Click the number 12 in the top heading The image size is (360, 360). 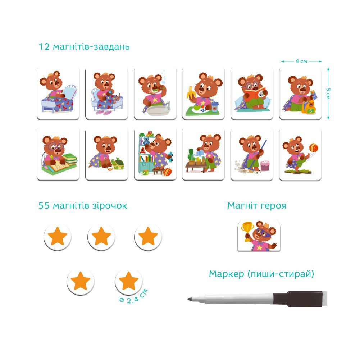tap(44, 47)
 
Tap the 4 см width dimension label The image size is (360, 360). tap(301, 61)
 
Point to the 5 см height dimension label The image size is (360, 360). tap(328, 94)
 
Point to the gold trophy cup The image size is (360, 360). tap(247, 229)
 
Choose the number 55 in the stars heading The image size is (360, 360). tap(44, 205)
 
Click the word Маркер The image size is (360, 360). tap(226, 274)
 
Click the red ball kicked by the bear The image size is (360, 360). tap(314, 147)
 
